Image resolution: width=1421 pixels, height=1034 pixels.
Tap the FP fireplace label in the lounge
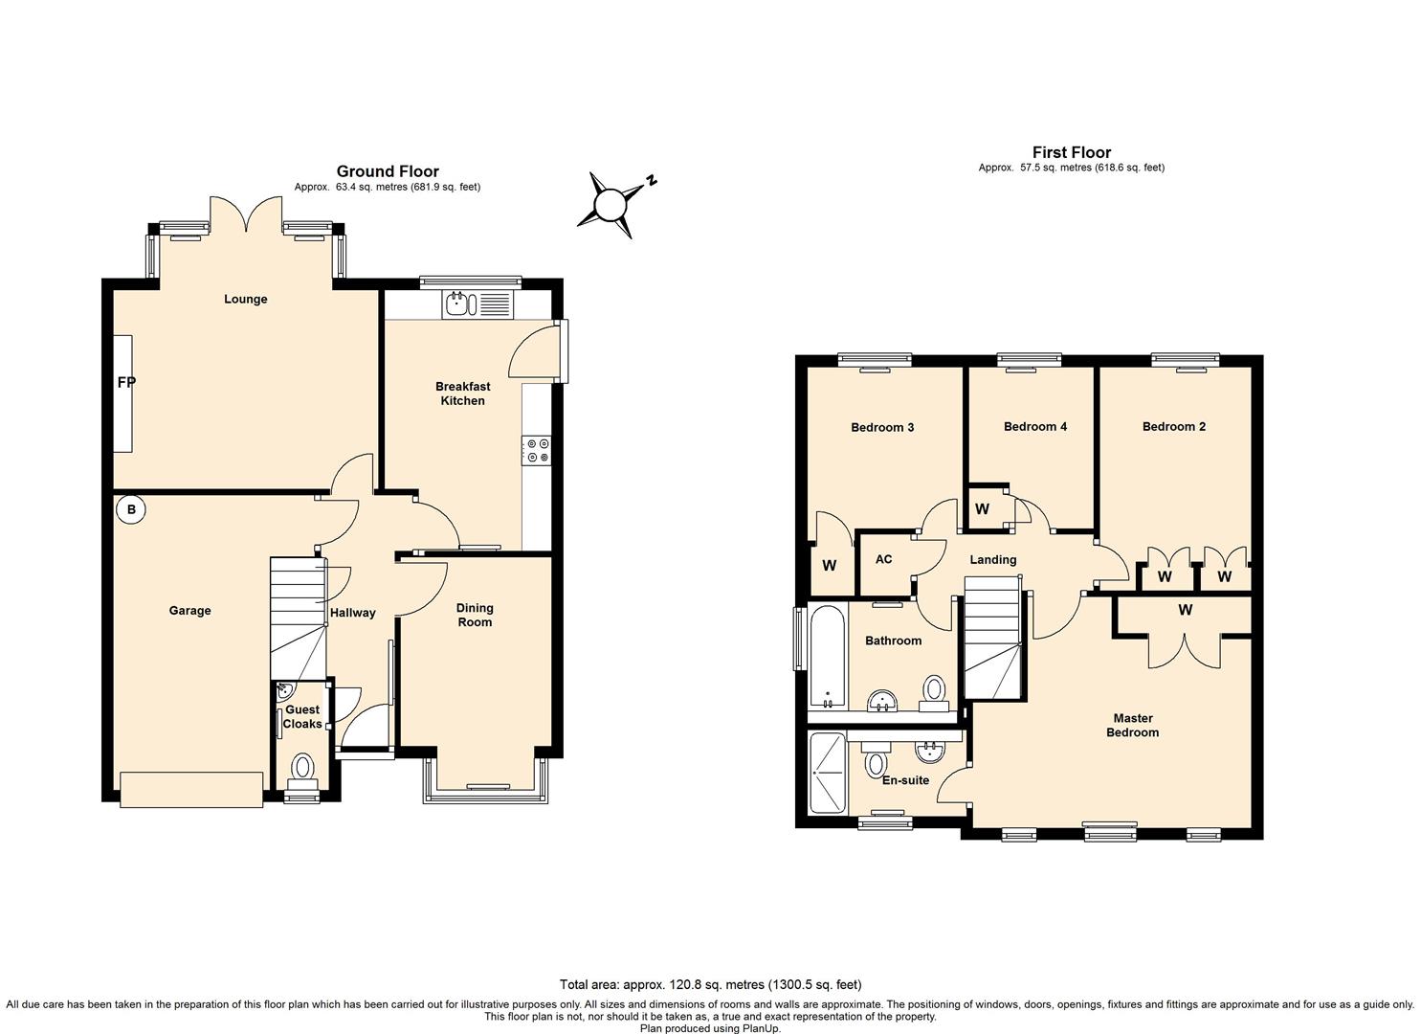[x=126, y=383]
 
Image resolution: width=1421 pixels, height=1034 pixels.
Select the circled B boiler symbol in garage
[x=132, y=510]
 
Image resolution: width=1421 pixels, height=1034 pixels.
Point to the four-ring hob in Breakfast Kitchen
[x=536, y=451]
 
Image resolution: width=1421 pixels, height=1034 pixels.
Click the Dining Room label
[x=475, y=615]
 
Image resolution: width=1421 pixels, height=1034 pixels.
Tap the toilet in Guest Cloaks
[x=303, y=766]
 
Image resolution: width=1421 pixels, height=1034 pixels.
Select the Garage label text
[x=189, y=611]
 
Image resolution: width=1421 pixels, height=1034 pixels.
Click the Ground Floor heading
[x=388, y=172]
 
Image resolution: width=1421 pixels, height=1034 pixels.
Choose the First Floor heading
[x=1071, y=152]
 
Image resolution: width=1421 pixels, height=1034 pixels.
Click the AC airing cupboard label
[x=883, y=559]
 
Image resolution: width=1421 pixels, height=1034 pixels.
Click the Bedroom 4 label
[x=1034, y=427]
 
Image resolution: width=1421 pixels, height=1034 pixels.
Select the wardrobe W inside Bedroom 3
[x=829, y=566]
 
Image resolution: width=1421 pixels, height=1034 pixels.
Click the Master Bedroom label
[x=1132, y=726]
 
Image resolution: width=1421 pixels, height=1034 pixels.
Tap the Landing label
[x=992, y=560]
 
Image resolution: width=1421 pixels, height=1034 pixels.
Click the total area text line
[x=710, y=984]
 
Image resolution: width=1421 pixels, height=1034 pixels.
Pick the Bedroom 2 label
[x=1173, y=427]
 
